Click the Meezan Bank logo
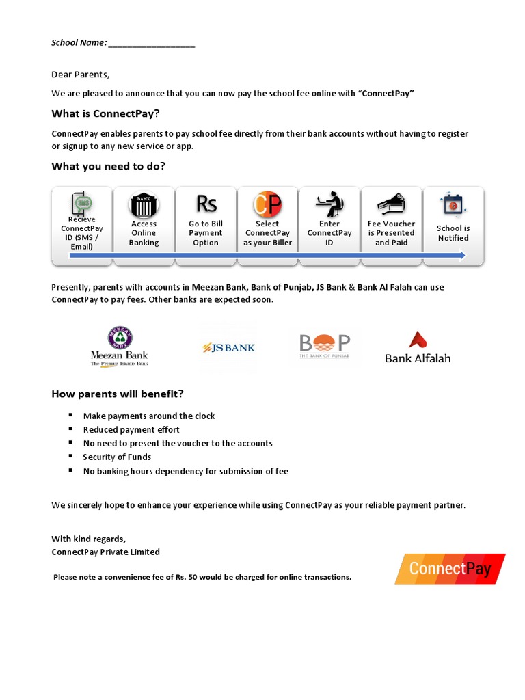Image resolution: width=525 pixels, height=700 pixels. pyautogui.click(x=119, y=347)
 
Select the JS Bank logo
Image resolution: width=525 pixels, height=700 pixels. pyautogui.click(x=228, y=347)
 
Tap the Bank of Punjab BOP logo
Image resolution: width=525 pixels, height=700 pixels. pyautogui.click(x=325, y=346)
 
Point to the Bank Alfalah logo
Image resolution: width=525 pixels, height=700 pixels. pyautogui.click(x=418, y=347)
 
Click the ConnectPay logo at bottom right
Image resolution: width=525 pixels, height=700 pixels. pyautogui.click(x=450, y=569)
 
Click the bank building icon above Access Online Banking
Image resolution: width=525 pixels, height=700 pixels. pyautogui.click(x=144, y=204)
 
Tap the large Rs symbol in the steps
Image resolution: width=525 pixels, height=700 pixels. pyautogui.click(x=206, y=204)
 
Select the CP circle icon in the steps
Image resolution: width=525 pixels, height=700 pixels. pyautogui.click(x=267, y=204)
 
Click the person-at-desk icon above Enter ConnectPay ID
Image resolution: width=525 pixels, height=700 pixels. pyautogui.click(x=329, y=204)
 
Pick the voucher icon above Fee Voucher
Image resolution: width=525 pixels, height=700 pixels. pyautogui.click(x=391, y=204)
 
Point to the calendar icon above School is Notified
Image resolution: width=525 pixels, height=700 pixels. pyautogui.click(x=453, y=204)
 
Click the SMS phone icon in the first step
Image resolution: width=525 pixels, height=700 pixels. pyautogui.click(x=82, y=204)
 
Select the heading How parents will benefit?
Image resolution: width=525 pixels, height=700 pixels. pyautogui.click(x=118, y=394)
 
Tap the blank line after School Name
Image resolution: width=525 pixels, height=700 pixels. pyautogui.click(x=151, y=43)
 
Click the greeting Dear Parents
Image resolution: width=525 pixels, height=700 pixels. pyautogui.click(x=81, y=75)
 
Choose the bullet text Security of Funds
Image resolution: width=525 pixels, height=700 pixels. pyautogui.click(x=117, y=457)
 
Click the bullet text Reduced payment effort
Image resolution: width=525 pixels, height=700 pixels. pyautogui.click(x=131, y=429)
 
